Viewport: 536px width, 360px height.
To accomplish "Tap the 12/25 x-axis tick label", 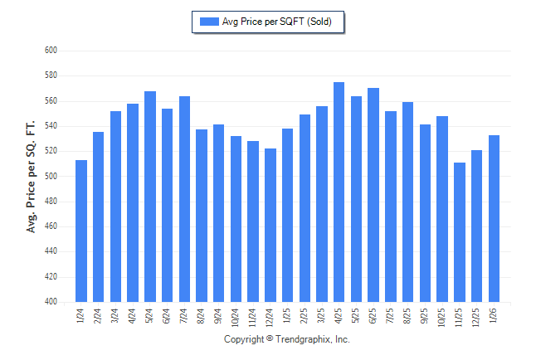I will pos(477,317).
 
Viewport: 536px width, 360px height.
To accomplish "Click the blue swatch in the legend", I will pos(208,22).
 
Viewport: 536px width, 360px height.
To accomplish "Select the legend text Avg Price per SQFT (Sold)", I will pos(277,22).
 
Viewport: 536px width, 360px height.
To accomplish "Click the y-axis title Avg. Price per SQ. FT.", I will pos(32,176).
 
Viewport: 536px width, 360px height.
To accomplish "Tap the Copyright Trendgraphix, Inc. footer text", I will pos(287,339).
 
